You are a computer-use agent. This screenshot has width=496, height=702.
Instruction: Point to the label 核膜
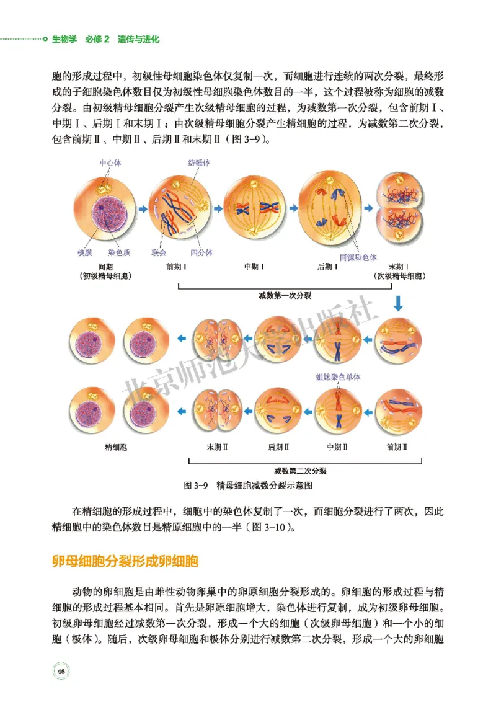tap(85, 252)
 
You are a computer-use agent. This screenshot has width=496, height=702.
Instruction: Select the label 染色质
tap(119, 252)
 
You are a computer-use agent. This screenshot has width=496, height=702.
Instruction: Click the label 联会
tap(158, 252)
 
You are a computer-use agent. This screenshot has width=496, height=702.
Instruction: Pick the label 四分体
tap(201, 252)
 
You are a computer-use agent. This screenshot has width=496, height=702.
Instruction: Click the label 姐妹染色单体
tap(339, 376)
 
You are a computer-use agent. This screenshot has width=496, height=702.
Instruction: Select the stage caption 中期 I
tap(252, 267)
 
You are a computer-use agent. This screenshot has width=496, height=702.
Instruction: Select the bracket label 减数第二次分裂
tap(301, 471)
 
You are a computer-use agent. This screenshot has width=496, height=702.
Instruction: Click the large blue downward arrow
tap(399, 303)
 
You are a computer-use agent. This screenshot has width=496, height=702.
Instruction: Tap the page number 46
tap(61, 671)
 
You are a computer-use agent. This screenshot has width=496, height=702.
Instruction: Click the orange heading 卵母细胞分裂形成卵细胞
tap(125, 562)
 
